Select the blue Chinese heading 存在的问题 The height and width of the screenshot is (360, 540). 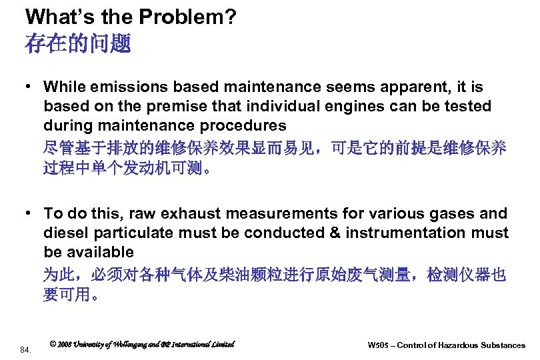coord(78,45)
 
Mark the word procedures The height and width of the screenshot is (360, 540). coord(249,126)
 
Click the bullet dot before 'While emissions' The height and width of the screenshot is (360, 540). coord(30,87)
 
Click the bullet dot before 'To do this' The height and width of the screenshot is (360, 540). coord(30,214)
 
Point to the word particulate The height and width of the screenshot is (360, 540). coord(135,233)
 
